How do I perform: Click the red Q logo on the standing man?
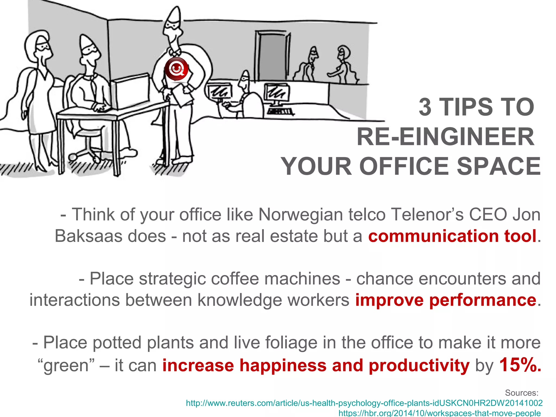tap(176, 69)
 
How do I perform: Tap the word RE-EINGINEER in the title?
tap(445, 137)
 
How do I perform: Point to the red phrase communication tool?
tap(452, 236)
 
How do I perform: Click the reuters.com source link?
tap(364, 403)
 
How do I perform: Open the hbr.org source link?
tap(440, 413)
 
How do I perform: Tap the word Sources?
tap(522, 393)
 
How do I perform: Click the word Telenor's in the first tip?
tap(424, 214)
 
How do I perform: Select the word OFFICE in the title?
tap(406, 166)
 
